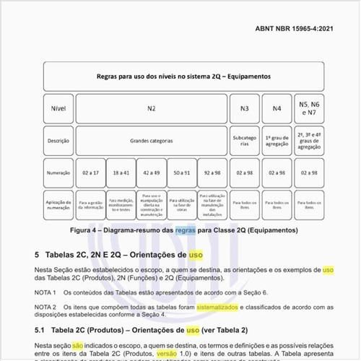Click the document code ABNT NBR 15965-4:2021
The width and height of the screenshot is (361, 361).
coord(305,28)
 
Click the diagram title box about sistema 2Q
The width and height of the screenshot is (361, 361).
coord(183,75)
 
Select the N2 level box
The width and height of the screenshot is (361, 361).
coord(151,108)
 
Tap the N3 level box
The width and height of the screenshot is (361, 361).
coord(245,108)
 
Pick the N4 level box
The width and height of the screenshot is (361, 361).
coord(277,108)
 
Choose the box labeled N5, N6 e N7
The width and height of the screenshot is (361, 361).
coord(309,108)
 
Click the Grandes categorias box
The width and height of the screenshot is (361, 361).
coord(151,141)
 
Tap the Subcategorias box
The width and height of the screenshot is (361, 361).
coord(245,141)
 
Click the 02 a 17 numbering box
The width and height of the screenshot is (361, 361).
coord(91,173)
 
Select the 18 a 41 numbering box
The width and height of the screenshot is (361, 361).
coord(121,173)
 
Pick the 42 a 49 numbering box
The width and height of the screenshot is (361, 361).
coord(152,173)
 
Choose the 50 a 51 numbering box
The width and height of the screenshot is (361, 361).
coord(182,173)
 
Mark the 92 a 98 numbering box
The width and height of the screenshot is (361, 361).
coord(212,173)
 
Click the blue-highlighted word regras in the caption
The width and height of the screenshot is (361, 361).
coord(186,230)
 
